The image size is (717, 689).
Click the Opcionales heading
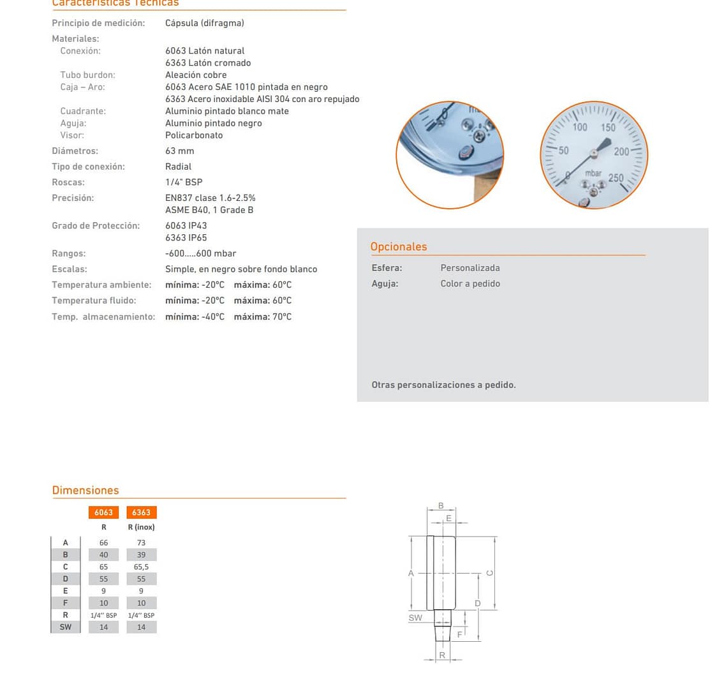[x=399, y=247]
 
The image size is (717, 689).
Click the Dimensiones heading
[x=85, y=490]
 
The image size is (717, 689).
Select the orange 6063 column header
[x=103, y=512]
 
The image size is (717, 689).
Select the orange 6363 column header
[x=141, y=512]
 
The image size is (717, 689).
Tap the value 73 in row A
[x=141, y=543]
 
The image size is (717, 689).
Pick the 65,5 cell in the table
[x=141, y=567]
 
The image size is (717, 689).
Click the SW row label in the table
[x=66, y=627]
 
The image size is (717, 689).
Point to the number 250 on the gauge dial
[x=616, y=177]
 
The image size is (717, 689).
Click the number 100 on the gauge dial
[x=579, y=128]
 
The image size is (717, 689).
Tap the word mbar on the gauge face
[x=593, y=173]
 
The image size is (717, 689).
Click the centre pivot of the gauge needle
[x=593, y=152]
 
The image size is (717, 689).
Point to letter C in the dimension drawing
[x=490, y=573]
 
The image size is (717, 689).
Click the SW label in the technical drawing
[x=415, y=618]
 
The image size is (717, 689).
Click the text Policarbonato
[x=194, y=135]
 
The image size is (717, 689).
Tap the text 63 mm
[x=179, y=151]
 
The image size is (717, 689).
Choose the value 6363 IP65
[x=186, y=237]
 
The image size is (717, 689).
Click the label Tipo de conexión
[x=88, y=167]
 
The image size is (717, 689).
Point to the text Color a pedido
[x=470, y=283]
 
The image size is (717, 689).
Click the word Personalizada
[x=470, y=268]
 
